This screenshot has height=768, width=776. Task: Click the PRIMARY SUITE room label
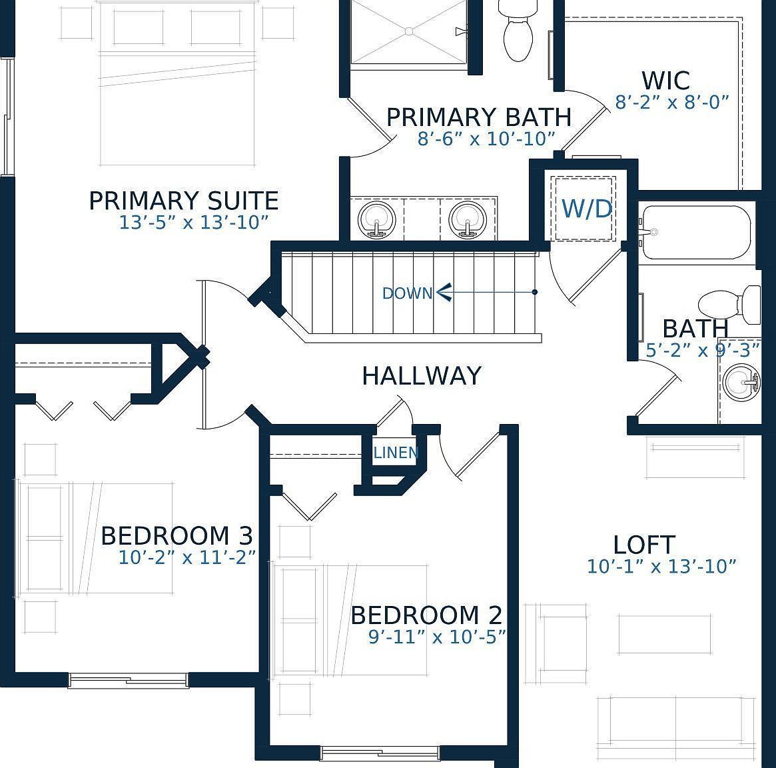pyautogui.click(x=183, y=201)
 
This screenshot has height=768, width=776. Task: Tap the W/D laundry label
pyautogui.click(x=586, y=209)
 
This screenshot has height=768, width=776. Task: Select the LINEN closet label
pyautogui.click(x=396, y=453)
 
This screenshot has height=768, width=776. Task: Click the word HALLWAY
pyautogui.click(x=421, y=376)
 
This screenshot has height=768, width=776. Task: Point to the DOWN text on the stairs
pyautogui.click(x=407, y=293)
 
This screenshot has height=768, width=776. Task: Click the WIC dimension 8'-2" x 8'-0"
pyautogui.click(x=672, y=103)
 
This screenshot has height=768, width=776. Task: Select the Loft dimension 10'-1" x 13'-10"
pyautogui.click(x=661, y=567)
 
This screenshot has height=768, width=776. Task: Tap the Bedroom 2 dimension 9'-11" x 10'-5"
pyautogui.click(x=436, y=637)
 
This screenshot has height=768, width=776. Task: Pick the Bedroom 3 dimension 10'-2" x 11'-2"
pyautogui.click(x=187, y=558)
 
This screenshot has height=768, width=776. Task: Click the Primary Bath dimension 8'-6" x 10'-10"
pyautogui.click(x=486, y=139)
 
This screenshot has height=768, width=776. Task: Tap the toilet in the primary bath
pyautogui.click(x=518, y=32)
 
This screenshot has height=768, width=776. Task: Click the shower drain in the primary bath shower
pyautogui.click(x=409, y=31)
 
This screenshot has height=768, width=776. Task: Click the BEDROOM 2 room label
pyautogui.click(x=426, y=615)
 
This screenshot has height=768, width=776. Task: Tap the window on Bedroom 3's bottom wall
pyautogui.click(x=128, y=680)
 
